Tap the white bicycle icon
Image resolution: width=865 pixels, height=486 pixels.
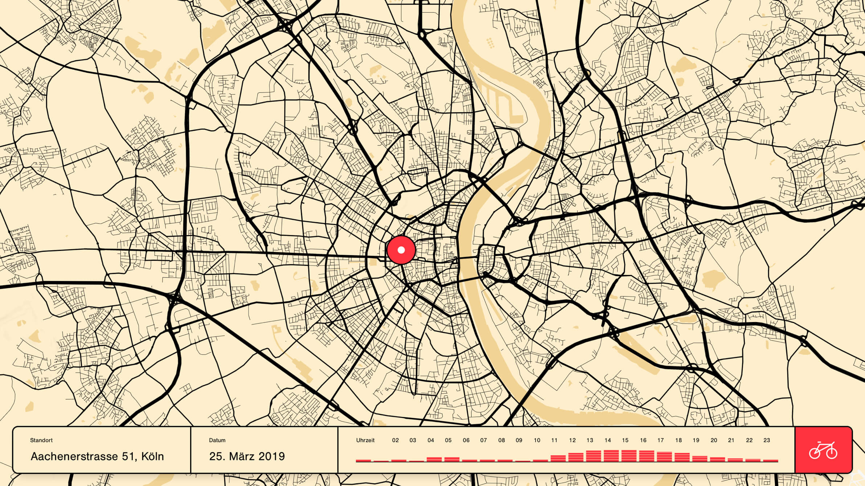[823, 450]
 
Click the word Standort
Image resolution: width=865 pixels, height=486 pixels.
[41, 440]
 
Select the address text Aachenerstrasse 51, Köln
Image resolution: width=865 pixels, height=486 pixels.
[97, 456]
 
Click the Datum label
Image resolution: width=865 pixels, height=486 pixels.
[217, 440]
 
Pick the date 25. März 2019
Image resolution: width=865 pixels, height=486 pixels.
[247, 456]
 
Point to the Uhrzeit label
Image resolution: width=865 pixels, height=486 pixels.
[365, 440]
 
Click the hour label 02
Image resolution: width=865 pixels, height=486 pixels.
[395, 440]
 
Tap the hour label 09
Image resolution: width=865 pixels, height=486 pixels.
[519, 440]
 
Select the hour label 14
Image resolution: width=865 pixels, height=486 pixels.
[607, 440]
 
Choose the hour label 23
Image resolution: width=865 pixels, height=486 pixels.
[766, 440]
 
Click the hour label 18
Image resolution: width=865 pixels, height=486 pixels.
[678, 440]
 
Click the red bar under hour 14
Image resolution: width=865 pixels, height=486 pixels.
[611, 456]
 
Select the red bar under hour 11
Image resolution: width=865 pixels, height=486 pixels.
[558, 458]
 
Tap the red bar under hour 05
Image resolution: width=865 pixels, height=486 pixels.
[452, 459]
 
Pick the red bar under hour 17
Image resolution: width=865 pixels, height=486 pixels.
[664, 456]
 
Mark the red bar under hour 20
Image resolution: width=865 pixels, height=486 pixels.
[717, 459]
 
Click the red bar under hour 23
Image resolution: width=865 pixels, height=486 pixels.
[770, 461]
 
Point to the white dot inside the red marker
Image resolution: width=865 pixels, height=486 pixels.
[401, 250]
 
